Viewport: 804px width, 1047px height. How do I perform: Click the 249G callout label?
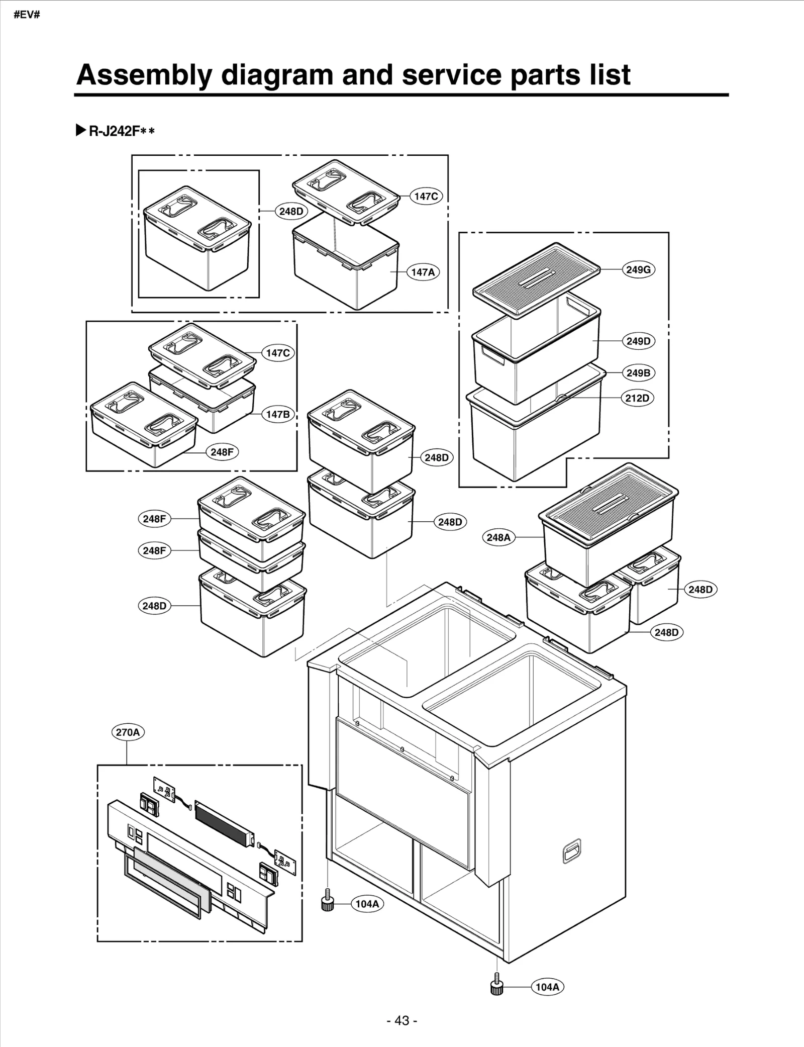click(x=638, y=269)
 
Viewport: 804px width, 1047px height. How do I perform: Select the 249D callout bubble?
click(x=638, y=341)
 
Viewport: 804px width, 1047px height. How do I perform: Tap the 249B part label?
click(x=638, y=372)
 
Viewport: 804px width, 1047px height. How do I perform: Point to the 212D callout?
click(x=637, y=398)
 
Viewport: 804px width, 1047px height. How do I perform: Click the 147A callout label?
click(x=423, y=272)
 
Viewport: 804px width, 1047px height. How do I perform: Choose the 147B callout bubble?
click(x=277, y=414)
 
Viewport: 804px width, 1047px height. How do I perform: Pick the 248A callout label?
click(x=498, y=537)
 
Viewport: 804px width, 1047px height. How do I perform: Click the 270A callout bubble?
click(x=128, y=732)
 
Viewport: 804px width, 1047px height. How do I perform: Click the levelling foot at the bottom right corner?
click(x=496, y=987)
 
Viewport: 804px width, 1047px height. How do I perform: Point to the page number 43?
click(x=402, y=1020)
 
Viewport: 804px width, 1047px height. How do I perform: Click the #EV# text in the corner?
click(x=27, y=14)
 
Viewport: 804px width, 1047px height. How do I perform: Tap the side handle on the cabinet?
click(x=571, y=851)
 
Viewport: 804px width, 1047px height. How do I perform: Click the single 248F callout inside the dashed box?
click(x=222, y=452)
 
